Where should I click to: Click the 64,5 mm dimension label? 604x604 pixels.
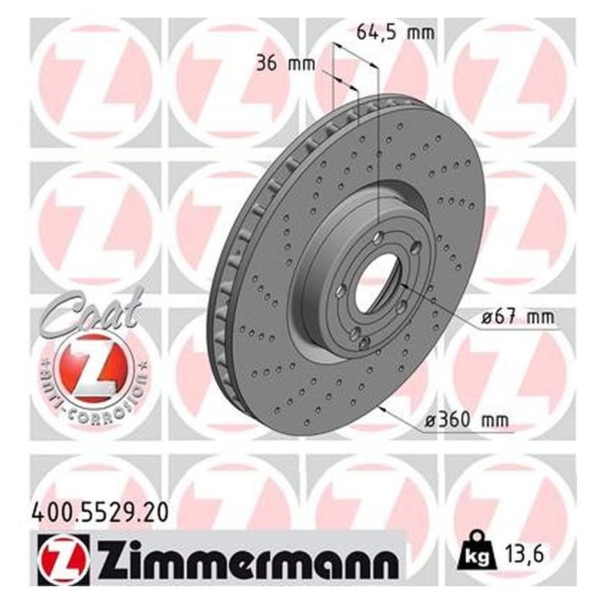(x=394, y=32)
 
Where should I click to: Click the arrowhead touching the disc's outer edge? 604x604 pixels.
(x=383, y=408)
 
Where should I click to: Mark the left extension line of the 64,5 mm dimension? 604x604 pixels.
(x=332, y=78)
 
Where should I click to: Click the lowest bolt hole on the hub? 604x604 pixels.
(x=365, y=344)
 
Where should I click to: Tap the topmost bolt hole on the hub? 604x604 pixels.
(x=380, y=237)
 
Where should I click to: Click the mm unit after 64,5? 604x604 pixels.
(x=422, y=32)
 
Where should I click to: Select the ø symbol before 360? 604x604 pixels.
(x=429, y=421)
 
